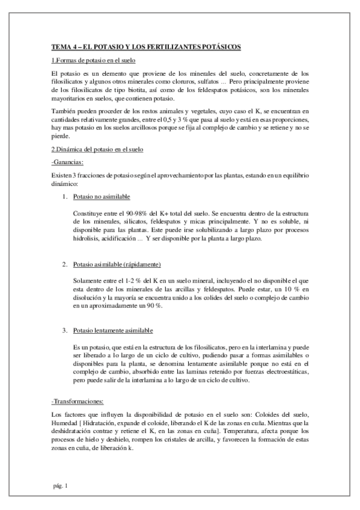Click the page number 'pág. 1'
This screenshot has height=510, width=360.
pos(60,485)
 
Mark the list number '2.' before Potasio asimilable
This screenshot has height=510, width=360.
pos(65,265)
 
